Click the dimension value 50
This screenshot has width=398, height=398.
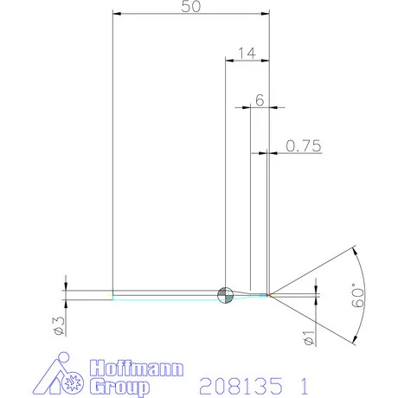coord(191,7)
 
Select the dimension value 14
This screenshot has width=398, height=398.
coord(245,54)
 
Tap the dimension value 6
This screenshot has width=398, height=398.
coord(260,99)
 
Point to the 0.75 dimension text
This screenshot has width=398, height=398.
coord(304,146)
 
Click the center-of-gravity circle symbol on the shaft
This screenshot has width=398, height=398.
coord(225,294)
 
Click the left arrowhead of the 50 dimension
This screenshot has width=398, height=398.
coord(119,15)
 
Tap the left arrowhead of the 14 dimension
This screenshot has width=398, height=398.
coord(229,61)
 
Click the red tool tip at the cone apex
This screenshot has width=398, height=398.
coord(270,295)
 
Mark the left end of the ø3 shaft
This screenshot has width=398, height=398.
coord(113,294)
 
